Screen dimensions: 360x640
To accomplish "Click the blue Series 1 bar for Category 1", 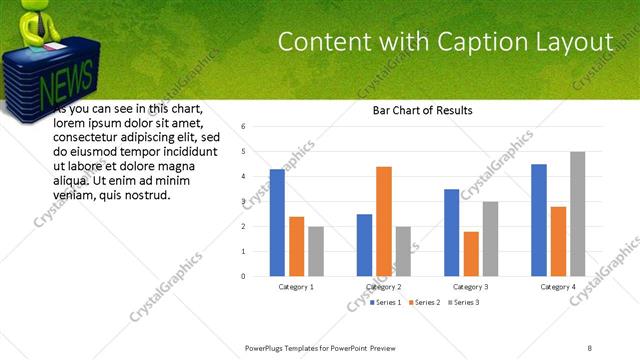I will [x=277, y=223].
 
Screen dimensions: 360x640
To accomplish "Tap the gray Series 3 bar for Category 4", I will [x=577, y=214].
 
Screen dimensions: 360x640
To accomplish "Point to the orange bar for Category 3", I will [x=471, y=254].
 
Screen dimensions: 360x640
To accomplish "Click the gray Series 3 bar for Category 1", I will [x=316, y=251].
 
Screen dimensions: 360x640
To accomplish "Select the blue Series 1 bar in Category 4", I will [x=539, y=220].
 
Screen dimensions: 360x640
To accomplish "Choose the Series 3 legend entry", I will [x=464, y=301].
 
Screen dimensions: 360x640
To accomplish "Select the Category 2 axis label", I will [x=384, y=287].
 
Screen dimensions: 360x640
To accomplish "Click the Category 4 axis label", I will [x=558, y=287].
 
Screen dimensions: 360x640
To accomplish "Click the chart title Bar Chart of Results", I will [x=422, y=110].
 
